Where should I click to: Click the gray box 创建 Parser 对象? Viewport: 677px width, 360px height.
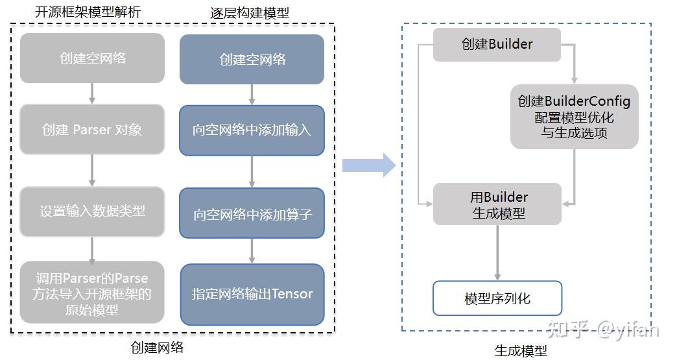92,130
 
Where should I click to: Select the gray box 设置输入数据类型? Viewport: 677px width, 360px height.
92,211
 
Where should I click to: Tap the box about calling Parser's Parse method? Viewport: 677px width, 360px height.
92,294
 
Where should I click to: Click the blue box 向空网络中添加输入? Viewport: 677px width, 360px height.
252,130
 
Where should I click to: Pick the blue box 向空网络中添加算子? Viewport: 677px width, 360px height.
252,213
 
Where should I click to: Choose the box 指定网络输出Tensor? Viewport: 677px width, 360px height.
252,294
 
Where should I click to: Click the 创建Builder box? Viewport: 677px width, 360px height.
497,45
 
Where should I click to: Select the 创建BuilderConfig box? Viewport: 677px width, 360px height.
574,117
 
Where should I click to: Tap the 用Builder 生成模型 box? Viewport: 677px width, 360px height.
497,204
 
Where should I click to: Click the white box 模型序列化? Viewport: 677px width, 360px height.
497,298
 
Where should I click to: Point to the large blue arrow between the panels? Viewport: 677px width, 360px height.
368,165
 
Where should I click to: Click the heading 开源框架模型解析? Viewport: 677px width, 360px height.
88,12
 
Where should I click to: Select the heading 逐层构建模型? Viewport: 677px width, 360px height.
250,12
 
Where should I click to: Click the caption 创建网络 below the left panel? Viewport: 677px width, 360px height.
157,348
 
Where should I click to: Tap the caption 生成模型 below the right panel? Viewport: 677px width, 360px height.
521,351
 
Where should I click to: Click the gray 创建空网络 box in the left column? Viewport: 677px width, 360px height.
92,58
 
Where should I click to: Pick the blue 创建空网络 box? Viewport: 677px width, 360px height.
252,60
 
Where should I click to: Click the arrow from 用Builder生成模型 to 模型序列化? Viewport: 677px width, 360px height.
497,252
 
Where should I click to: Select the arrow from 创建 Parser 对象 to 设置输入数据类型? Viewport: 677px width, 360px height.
92,171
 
